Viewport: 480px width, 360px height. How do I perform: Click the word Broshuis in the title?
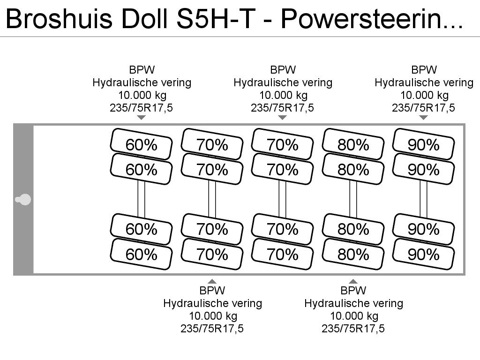click(59, 18)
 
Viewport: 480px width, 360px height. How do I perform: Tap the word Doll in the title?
click(144, 18)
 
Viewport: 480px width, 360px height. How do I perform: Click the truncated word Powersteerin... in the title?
click(372, 18)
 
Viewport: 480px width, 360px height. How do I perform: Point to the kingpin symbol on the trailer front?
click(23, 200)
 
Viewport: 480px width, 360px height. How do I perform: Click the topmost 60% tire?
click(141, 144)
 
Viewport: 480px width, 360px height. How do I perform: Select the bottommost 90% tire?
click(423, 254)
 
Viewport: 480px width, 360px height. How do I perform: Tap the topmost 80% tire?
click(353, 144)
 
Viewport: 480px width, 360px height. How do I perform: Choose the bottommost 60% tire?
click(141, 254)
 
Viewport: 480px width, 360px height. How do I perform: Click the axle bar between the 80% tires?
click(353, 199)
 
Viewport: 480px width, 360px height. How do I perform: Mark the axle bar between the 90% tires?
click(423, 199)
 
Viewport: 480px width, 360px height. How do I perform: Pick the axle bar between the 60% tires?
click(141, 199)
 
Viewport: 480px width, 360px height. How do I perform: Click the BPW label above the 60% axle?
click(142, 70)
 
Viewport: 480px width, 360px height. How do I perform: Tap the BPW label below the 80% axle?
click(353, 291)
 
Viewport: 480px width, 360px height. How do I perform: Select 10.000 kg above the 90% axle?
click(424, 95)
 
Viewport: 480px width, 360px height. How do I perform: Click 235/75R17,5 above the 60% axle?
click(142, 108)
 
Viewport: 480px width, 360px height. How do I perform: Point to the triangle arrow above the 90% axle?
click(423, 118)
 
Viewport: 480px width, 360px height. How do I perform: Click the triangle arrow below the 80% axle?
click(353, 281)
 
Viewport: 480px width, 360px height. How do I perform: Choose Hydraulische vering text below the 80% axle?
click(353, 303)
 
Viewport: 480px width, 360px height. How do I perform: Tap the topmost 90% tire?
click(423, 144)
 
